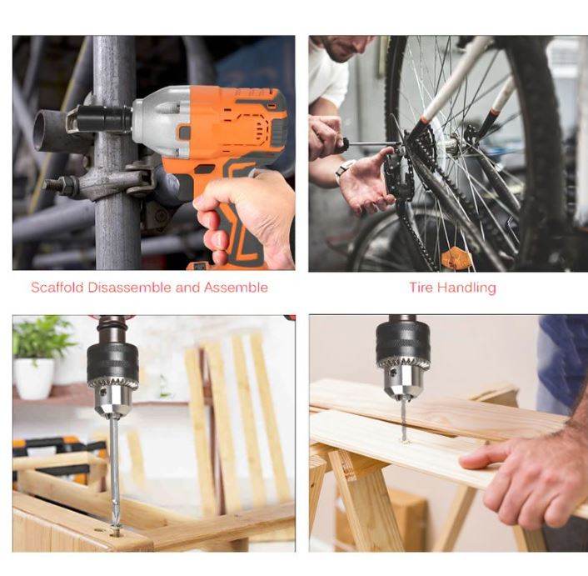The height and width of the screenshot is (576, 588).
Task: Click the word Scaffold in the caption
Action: pos(57,288)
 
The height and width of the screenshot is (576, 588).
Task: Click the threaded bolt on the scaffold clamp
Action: pos(60,185)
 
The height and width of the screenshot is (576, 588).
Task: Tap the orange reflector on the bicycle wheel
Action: pos(456,258)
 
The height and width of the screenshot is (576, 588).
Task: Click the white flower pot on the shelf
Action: pos(34,378)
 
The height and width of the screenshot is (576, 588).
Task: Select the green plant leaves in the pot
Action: pos(42,338)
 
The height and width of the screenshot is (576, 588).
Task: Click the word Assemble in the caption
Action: pos(236,288)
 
